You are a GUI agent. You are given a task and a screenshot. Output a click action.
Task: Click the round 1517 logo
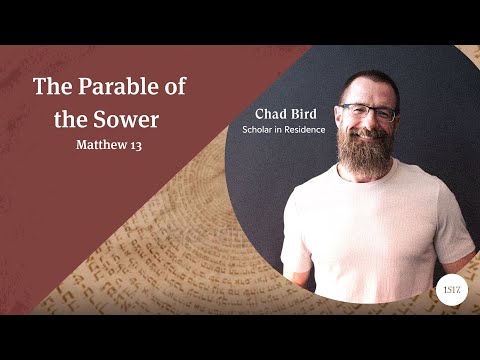pos(449,287)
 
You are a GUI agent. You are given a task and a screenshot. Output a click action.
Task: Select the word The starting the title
pos(51,86)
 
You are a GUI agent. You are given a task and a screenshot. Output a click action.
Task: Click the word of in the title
pos(171,86)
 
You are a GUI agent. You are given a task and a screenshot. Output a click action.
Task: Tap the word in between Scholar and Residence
pos(277,131)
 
